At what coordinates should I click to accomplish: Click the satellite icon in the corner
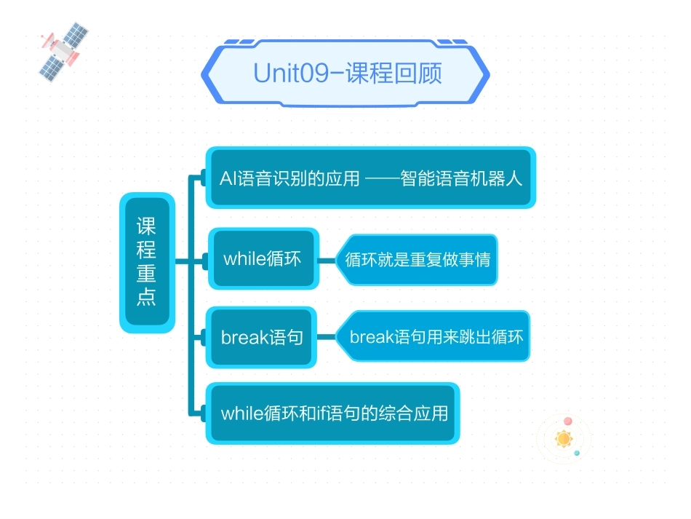pos(63,49)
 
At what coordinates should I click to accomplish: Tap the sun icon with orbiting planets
pos(564,439)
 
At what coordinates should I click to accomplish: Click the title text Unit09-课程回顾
pos(347,74)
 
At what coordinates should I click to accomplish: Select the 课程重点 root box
pos(147,262)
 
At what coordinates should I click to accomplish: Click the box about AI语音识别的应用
pos(370,178)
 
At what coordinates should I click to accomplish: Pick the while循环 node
pos(263,258)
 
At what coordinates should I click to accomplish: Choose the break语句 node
pos(262,337)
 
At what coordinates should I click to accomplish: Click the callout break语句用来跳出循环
pos(436,337)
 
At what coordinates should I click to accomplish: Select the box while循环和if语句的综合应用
pos(333,413)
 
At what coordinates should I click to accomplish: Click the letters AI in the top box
pos(227,178)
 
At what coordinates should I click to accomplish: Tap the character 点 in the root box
pos(147,297)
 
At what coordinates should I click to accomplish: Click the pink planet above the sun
pos(567,421)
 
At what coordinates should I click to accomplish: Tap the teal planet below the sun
pos(577,453)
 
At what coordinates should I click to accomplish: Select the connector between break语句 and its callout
pos(327,337)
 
